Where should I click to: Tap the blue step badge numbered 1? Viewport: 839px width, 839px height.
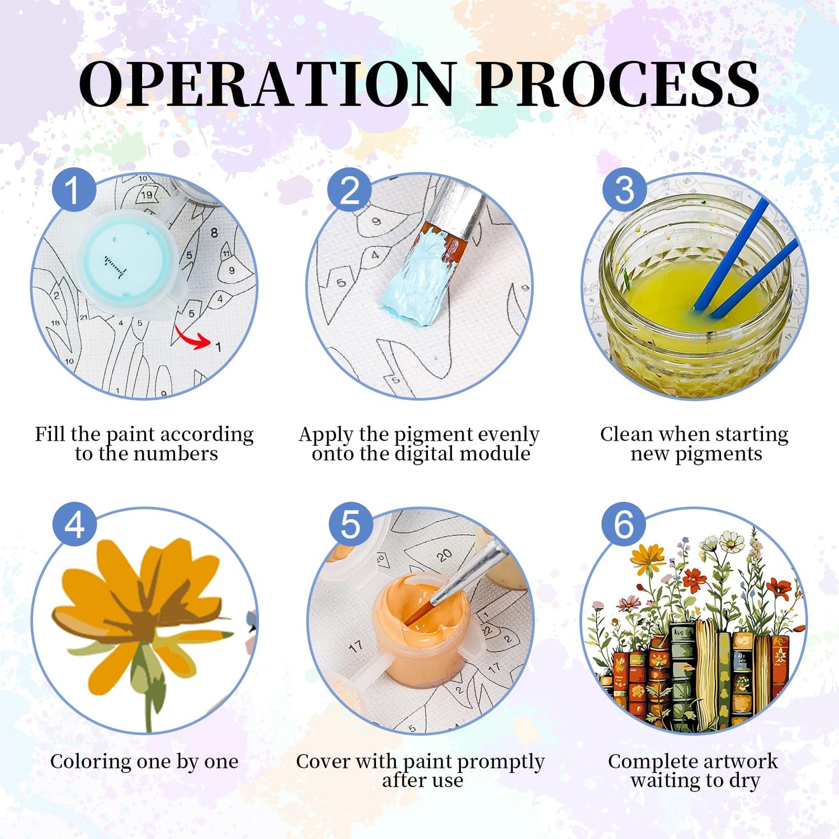[x=74, y=189]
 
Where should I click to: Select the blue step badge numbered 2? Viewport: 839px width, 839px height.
[x=350, y=189]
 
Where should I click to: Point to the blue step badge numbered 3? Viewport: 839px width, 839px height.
[x=624, y=189]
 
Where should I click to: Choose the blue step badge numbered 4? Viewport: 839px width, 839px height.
[x=74, y=525]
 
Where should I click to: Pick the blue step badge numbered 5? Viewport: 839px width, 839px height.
[x=351, y=525]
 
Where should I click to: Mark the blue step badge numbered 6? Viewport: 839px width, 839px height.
[x=624, y=525]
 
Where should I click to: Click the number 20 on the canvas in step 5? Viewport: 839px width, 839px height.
[x=444, y=554]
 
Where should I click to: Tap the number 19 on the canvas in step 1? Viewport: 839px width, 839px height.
[x=146, y=195]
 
